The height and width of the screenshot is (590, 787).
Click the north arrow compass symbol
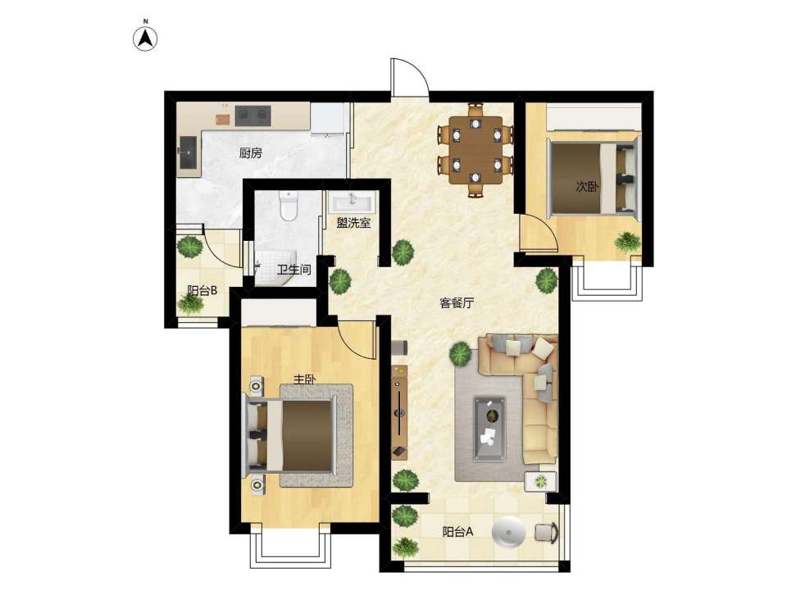click(x=146, y=39)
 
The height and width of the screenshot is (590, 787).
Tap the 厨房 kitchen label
click(x=251, y=153)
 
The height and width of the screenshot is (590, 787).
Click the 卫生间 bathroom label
click(x=294, y=270)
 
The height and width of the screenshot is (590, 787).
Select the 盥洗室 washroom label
click(x=353, y=223)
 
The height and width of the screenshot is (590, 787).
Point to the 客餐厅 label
click(x=457, y=303)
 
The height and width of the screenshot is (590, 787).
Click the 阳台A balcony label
click(x=457, y=532)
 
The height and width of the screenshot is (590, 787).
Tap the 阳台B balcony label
click(x=202, y=290)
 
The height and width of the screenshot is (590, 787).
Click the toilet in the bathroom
click(x=289, y=206)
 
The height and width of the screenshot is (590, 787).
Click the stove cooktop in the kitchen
click(x=253, y=116)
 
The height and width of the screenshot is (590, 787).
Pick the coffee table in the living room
click(x=489, y=428)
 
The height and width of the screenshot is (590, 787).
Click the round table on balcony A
click(x=508, y=531)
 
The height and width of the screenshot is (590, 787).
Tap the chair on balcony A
click(x=546, y=533)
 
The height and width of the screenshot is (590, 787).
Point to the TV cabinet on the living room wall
click(x=399, y=411)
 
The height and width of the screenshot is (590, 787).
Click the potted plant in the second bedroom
click(x=628, y=242)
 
